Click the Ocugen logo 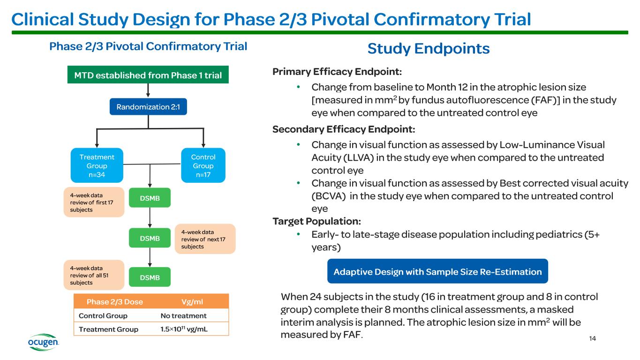[x=44, y=342]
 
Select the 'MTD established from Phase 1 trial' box [x=148, y=75]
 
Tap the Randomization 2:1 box [x=148, y=106]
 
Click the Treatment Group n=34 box [x=97, y=165]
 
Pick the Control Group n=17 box [x=203, y=165]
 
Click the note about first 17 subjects [x=94, y=202]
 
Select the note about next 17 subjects [x=205, y=239]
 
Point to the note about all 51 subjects [x=94, y=275]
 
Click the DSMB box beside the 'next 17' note [x=150, y=238]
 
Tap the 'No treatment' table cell [x=183, y=316]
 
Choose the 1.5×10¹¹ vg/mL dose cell [x=184, y=329]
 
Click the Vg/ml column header [x=192, y=302]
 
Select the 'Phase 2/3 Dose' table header [x=114, y=302]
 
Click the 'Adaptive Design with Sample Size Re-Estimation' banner [x=438, y=271]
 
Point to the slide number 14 [x=592, y=338]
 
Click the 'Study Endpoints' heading [x=428, y=48]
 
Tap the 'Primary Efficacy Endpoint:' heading [x=337, y=71]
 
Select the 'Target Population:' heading [x=316, y=221]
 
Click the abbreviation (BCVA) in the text [x=329, y=196]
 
